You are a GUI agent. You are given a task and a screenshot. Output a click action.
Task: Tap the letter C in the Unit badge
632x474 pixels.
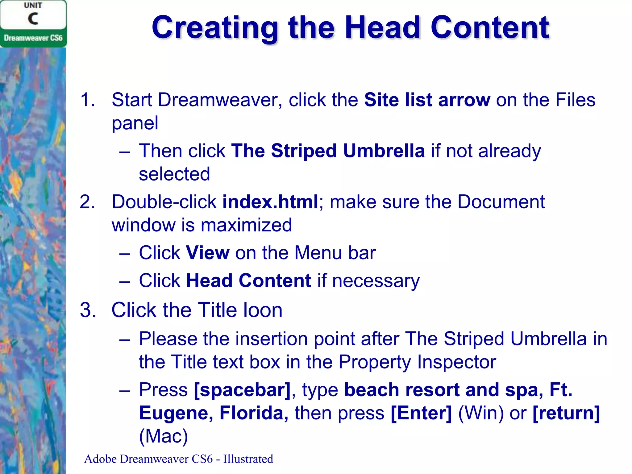tap(33, 19)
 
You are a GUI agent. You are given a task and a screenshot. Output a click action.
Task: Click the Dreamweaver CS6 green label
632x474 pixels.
tap(33, 38)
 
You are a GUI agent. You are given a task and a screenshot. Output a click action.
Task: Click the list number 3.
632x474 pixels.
tap(88, 310)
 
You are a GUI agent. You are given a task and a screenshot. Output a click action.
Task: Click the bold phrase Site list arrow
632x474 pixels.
tap(427, 100)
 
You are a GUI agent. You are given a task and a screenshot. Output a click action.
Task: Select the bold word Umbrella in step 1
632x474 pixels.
tap(384, 151)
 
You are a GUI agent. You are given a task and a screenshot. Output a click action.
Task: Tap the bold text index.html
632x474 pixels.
tap(270, 202)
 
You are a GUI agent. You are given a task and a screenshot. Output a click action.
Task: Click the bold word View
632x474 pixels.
tap(208, 253)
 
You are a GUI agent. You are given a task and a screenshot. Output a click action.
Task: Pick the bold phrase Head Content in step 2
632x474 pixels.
tap(249, 281)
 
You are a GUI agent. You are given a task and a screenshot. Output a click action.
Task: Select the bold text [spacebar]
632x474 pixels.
tap(242, 390)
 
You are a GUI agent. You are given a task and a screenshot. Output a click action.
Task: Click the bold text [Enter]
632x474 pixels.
tap(421, 413)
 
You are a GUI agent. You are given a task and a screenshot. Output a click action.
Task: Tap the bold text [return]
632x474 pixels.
tap(566, 413)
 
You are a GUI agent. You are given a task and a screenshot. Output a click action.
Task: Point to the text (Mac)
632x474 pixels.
tap(163, 436)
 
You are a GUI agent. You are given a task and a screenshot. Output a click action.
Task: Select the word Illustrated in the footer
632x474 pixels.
tap(248, 459)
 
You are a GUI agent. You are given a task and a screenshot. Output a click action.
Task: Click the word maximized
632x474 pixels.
tap(246, 225)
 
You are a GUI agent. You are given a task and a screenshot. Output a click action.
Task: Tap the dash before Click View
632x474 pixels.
tap(124, 253)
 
